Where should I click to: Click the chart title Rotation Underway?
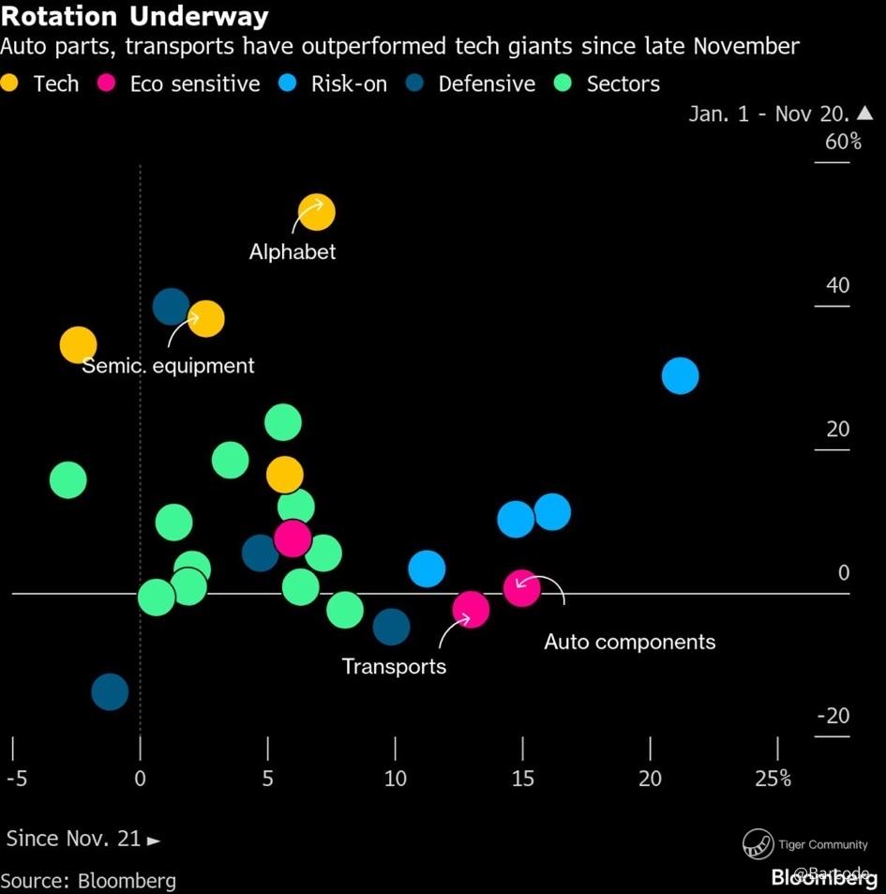click(135, 16)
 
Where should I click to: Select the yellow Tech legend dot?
click(10, 83)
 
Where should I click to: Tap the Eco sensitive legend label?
click(195, 83)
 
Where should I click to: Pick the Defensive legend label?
click(487, 83)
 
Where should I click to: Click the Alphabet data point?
click(316, 213)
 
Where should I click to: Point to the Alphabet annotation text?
click(293, 251)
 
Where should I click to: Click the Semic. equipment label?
click(168, 366)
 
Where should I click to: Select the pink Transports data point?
click(471, 610)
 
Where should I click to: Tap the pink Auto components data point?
click(521, 588)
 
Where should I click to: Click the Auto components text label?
click(629, 643)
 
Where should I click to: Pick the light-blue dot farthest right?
click(680, 376)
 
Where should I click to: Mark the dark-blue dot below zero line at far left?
click(110, 692)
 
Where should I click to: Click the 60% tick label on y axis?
click(843, 142)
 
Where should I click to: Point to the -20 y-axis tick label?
click(833, 716)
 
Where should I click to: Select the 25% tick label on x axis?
click(774, 779)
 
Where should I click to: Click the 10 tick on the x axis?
click(395, 779)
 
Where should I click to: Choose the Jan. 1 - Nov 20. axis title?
click(769, 114)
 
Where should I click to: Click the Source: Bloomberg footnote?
click(88, 881)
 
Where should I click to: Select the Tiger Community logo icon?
click(758, 844)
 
